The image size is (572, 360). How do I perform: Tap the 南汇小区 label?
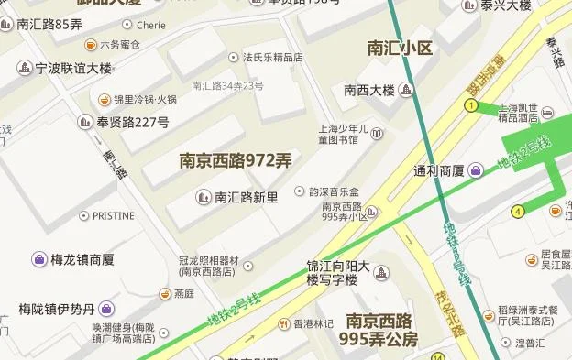399,48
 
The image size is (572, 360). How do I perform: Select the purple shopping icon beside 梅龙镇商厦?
39,259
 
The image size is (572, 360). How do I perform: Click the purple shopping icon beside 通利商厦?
476,169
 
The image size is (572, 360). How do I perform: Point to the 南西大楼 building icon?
406,90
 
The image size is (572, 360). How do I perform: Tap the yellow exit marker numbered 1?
471,107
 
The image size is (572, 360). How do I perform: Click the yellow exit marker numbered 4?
518,212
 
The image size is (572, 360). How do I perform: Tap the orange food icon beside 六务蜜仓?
91,44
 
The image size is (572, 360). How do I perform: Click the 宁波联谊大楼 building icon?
25,68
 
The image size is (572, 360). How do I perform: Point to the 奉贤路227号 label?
132,122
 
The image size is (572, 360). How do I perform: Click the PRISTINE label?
113,216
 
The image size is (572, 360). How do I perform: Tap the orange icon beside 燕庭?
164,294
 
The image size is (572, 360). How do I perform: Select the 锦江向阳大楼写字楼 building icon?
381,272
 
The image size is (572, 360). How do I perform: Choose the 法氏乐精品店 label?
272,58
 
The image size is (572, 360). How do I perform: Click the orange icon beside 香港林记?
283,322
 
